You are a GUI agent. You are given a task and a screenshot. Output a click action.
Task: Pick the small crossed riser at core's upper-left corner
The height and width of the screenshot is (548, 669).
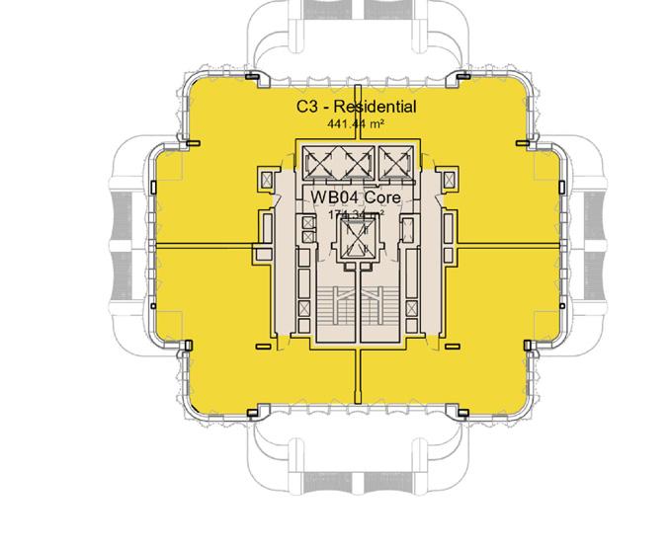click(265, 179)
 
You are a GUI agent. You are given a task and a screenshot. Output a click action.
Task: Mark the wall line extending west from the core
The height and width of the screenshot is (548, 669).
click(203, 243)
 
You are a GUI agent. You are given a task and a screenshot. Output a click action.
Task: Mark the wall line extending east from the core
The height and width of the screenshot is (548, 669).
click(509, 243)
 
